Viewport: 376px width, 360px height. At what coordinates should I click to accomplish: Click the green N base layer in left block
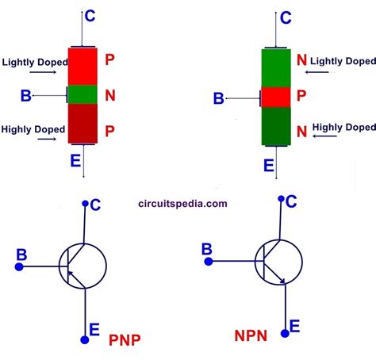[x=83, y=95]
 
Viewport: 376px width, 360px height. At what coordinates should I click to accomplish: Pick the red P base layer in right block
[x=277, y=98]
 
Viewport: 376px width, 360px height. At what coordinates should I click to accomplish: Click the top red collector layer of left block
[x=83, y=66]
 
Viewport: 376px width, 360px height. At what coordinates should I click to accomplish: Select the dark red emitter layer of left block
[x=83, y=124]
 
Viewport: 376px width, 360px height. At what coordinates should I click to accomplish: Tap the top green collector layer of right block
[x=277, y=67]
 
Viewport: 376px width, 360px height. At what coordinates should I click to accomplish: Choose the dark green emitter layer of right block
[x=277, y=127]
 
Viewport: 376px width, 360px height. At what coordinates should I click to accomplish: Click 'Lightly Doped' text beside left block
[x=33, y=62]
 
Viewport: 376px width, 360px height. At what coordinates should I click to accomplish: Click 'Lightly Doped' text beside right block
[x=342, y=60]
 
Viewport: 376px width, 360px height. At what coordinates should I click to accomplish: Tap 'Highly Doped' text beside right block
[x=343, y=127]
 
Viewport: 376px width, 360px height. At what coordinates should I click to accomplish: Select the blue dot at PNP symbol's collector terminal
[x=84, y=204]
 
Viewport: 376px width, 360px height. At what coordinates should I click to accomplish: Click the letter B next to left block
[x=27, y=96]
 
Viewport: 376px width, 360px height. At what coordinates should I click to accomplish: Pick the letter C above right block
[x=286, y=17]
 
